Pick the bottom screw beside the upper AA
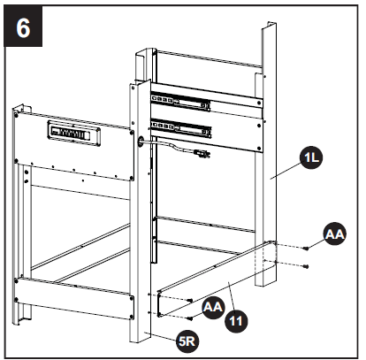click(x=306, y=264)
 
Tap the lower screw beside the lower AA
click(x=189, y=314)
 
